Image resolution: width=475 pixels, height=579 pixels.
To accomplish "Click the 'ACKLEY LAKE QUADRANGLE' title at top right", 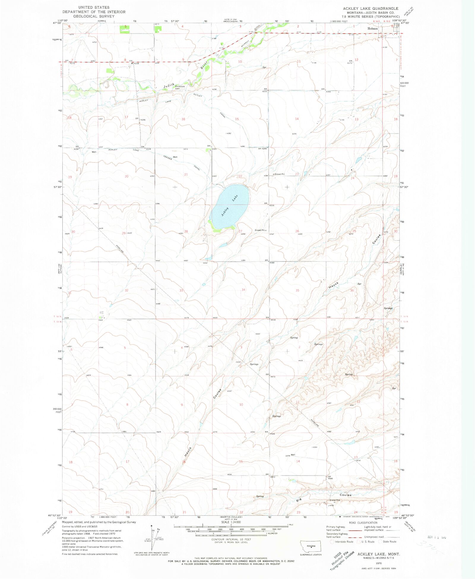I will tap(370, 8).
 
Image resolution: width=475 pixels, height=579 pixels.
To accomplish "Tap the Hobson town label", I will tap(373, 29).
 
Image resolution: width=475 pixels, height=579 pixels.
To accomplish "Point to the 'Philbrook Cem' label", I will tap(180, 87).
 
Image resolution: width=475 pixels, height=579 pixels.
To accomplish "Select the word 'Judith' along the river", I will tap(169, 86).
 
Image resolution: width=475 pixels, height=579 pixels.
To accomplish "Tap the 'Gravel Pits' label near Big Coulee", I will tap(335, 500).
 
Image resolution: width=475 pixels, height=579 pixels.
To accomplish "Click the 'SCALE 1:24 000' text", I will tap(231, 522).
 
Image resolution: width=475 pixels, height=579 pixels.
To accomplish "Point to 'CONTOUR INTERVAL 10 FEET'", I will tap(231, 539).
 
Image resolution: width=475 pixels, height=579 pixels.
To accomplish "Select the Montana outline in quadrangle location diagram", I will tap(311, 546).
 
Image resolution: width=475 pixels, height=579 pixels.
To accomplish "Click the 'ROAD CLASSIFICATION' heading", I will tap(363, 523).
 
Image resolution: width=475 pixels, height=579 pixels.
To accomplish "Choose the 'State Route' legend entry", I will tap(389, 542).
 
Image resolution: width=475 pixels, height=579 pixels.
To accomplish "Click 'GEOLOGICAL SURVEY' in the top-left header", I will tap(94, 16).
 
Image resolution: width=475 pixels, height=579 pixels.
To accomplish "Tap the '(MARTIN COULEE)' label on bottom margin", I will tap(231, 517).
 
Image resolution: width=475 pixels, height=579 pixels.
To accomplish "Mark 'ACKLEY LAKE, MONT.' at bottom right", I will tap(379, 554).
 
